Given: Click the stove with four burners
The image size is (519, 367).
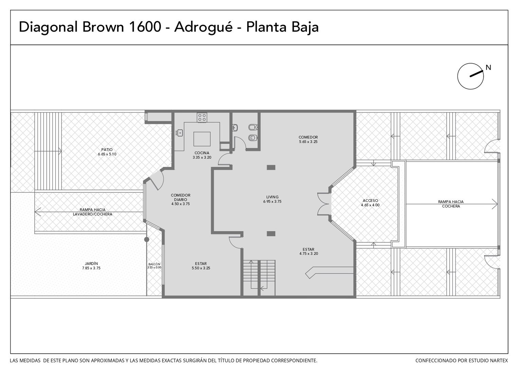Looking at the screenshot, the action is pyautogui.click(x=202, y=118).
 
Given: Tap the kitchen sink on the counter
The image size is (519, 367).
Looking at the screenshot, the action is pyautogui.click(x=179, y=133).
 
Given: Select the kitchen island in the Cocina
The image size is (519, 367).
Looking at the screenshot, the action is pyautogui.click(x=202, y=139).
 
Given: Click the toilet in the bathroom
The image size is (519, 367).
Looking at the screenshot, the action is pyautogui.click(x=252, y=138).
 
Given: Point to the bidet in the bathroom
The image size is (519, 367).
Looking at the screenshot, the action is pyautogui.click(x=253, y=127).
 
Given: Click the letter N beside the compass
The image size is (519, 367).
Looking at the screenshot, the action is pyautogui.click(x=488, y=68).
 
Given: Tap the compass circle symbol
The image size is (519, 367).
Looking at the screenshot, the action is pyautogui.click(x=470, y=76).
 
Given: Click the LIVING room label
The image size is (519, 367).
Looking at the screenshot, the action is pyautogui.click(x=272, y=197).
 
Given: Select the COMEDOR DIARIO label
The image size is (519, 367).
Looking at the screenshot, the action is pyautogui.click(x=180, y=197).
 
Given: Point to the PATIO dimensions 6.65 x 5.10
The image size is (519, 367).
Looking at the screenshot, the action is pyautogui.click(x=107, y=154).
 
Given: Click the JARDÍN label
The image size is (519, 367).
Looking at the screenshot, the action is pyautogui.click(x=91, y=264).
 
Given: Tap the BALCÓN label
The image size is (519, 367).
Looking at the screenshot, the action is pyautogui.click(x=154, y=264).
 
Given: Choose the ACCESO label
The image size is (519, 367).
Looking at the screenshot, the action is pyautogui.click(x=370, y=200).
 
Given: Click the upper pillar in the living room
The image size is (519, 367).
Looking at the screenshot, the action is pyautogui.click(x=271, y=168).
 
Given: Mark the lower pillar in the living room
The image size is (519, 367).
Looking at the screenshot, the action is pyautogui.click(x=271, y=234).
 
